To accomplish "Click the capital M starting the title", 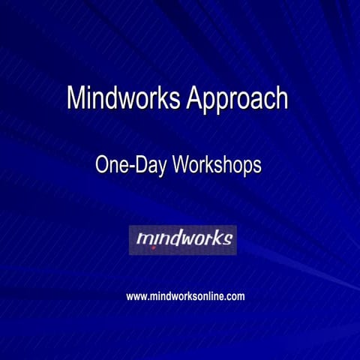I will click(76, 98).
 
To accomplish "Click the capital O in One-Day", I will click(103, 165).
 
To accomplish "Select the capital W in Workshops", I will click(181, 165).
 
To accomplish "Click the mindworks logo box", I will click(182, 240).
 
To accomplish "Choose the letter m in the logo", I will click(144, 240).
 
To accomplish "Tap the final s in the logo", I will click(226, 241).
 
